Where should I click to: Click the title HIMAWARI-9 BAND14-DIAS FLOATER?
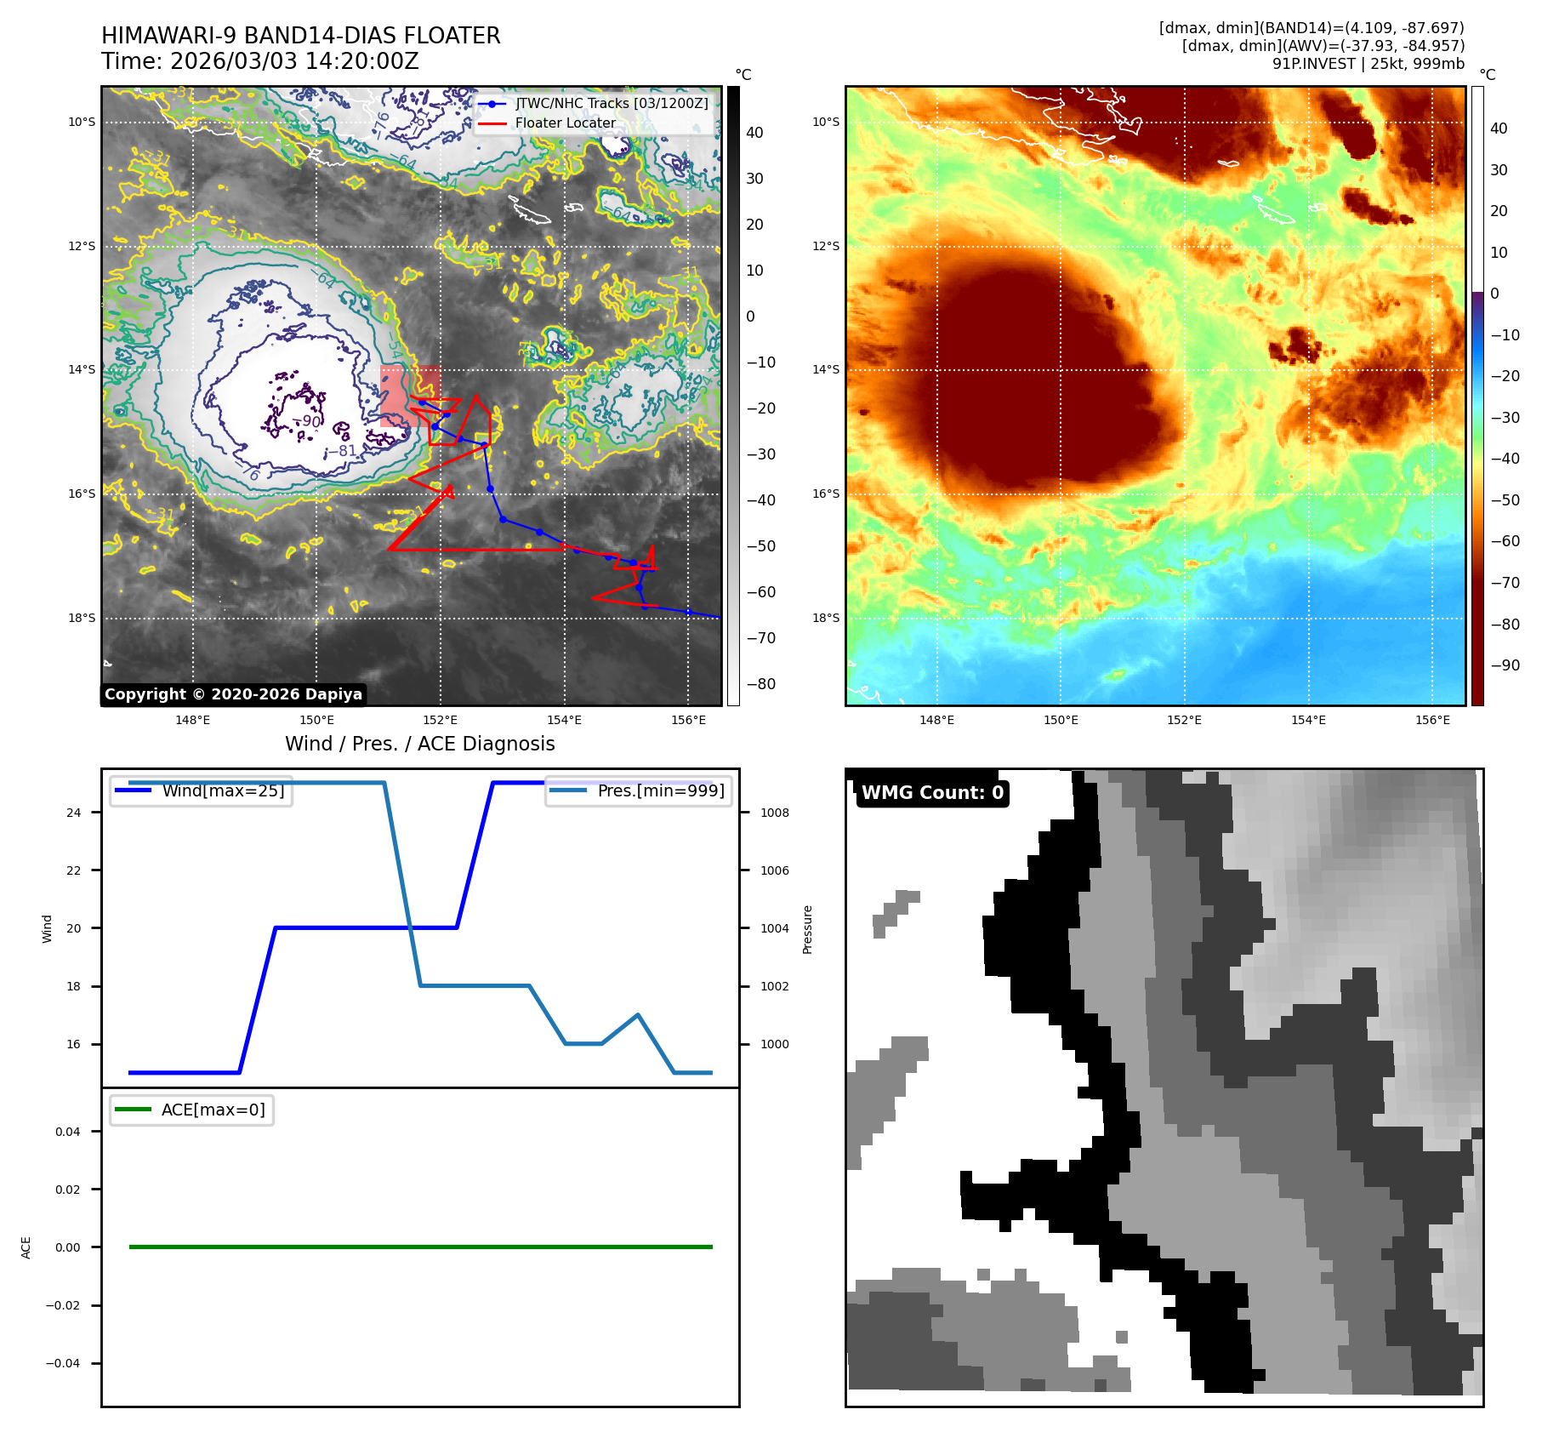(x=300, y=36)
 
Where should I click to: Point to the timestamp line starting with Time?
(x=259, y=62)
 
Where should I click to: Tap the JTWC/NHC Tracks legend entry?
(x=611, y=103)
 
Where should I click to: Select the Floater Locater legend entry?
(x=565, y=123)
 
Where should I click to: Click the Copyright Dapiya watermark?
(x=233, y=694)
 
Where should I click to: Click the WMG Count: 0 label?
(x=932, y=793)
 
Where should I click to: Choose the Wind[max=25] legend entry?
(x=223, y=790)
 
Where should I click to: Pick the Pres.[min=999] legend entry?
(x=660, y=790)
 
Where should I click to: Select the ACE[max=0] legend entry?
(x=213, y=1110)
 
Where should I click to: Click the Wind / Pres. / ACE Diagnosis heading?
(x=419, y=744)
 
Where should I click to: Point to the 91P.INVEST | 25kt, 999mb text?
(x=1368, y=64)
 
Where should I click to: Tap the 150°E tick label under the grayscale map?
(x=316, y=720)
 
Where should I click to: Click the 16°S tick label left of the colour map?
(x=825, y=494)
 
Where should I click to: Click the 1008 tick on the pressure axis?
(x=774, y=813)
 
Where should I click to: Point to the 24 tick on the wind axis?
(x=74, y=813)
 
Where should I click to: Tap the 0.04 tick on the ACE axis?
(x=68, y=1132)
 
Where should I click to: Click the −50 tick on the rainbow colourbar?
(x=1505, y=500)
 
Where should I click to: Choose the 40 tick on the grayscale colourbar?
(x=754, y=133)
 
